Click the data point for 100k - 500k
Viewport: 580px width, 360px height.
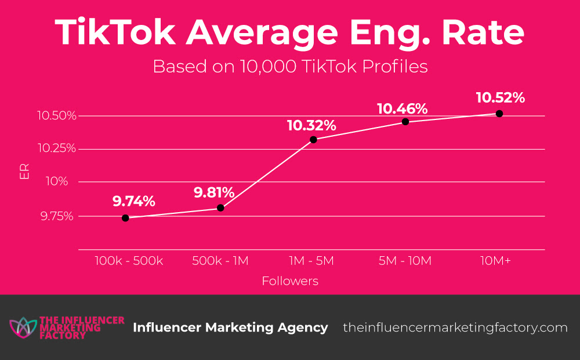(125, 218)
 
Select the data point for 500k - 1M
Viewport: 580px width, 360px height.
(220, 208)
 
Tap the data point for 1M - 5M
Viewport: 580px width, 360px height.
(313, 140)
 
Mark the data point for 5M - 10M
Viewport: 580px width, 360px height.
(405, 122)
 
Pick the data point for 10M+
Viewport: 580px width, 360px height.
(499, 114)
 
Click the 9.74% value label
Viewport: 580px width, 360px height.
(134, 201)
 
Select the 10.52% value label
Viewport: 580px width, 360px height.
(500, 97)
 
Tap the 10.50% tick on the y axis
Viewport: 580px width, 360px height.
(57, 115)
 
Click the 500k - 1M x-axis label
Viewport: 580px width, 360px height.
(220, 261)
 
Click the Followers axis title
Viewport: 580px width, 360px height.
(290, 281)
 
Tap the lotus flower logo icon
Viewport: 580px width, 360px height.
(22, 328)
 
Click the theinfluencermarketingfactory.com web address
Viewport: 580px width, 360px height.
(455, 328)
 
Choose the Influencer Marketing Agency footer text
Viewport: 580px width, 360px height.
(230, 328)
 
